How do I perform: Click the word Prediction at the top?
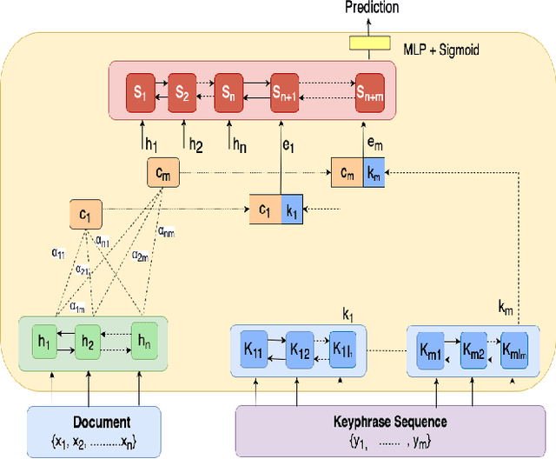click(x=371, y=8)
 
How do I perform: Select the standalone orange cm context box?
click(x=163, y=174)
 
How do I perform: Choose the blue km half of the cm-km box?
click(x=374, y=173)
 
